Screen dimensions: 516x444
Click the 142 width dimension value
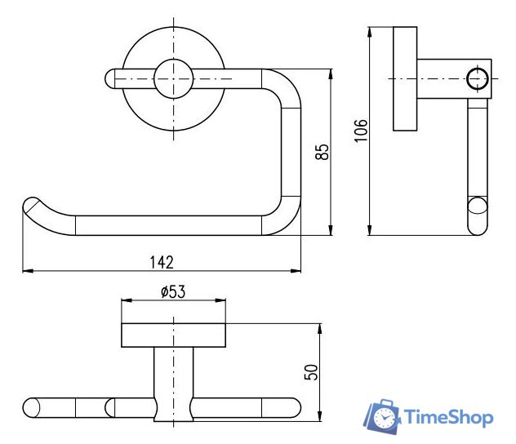click(162, 262)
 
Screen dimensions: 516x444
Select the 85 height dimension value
click(322, 152)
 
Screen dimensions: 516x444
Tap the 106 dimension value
click(361, 131)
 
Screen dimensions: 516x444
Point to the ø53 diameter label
click(173, 291)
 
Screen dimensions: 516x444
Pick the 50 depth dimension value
click(311, 372)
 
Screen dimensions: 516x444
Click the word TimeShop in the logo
click(448, 417)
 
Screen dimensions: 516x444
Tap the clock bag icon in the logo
click(382, 416)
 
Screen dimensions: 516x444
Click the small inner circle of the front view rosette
click(173, 79)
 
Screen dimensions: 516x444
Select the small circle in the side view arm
click(477, 79)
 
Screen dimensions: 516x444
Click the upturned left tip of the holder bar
click(31, 205)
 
